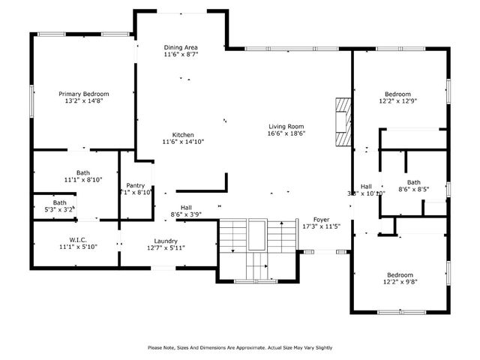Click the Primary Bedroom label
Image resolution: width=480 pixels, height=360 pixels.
84,94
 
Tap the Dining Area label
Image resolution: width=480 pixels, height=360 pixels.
180,48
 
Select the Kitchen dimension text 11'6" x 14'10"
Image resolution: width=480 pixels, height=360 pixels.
183,142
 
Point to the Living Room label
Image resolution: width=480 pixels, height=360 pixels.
286,126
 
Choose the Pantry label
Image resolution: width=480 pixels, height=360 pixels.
136,185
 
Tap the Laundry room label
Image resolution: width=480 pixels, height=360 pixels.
166,241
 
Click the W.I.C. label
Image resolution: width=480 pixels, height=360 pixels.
79,241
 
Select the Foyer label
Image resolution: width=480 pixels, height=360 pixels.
321,219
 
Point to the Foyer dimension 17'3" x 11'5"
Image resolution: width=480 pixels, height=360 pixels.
321,226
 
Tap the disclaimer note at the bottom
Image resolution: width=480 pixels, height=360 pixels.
240,347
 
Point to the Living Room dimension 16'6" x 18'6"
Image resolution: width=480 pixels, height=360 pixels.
286,133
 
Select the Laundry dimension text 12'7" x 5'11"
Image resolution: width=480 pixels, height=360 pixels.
166,247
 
